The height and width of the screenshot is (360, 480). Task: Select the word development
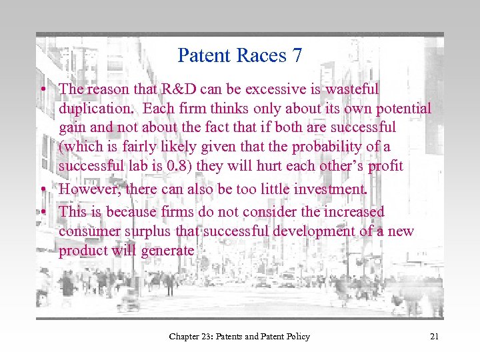(300, 231)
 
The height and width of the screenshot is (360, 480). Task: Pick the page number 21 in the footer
(434, 337)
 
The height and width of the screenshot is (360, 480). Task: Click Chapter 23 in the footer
(193, 337)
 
